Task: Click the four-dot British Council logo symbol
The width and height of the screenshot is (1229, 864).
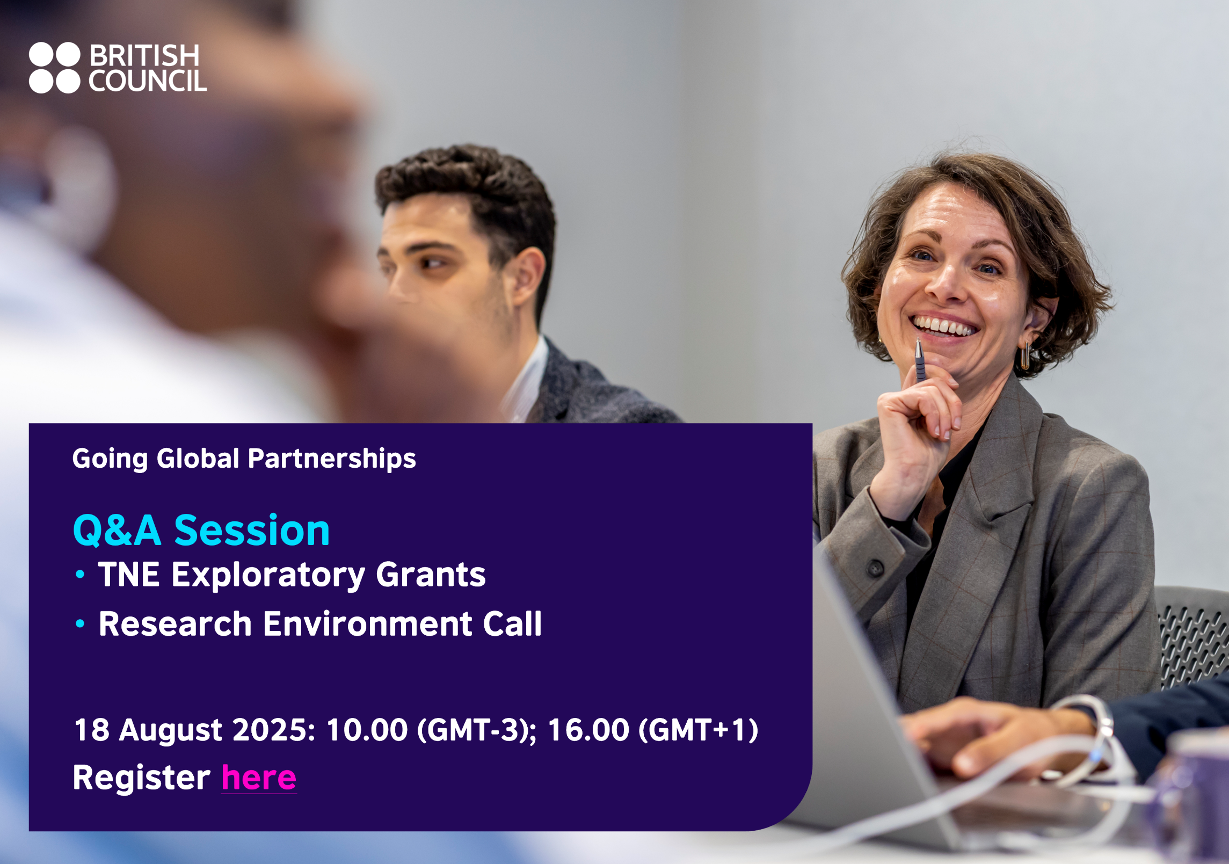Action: pos(54,68)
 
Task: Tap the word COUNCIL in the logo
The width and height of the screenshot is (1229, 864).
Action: pos(148,81)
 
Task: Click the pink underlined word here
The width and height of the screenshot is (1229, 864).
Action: pos(259,778)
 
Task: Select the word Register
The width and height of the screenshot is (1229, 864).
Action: pos(142,778)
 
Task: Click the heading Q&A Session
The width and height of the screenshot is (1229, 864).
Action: pos(201,530)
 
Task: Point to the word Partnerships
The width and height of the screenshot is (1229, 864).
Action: pos(332,459)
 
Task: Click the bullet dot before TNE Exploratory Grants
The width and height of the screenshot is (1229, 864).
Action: pos(80,575)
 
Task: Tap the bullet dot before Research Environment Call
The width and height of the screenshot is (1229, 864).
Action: pos(80,623)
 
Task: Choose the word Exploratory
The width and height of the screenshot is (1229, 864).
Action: pos(268,575)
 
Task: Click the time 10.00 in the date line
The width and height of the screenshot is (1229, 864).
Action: pos(367,730)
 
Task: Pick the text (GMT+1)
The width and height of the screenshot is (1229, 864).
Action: pos(699,730)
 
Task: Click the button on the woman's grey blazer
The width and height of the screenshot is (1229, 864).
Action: pos(876,568)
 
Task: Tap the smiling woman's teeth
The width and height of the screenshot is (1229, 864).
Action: pos(944,326)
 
